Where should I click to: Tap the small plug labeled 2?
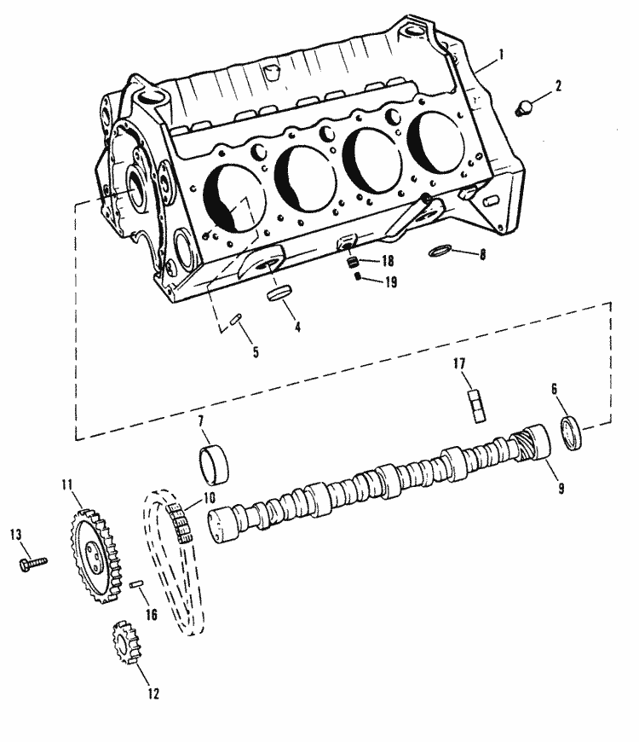click(525, 107)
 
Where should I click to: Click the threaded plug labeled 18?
click(348, 263)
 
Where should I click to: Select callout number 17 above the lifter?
click(461, 364)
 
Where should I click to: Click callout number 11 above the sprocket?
click(67, 485)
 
